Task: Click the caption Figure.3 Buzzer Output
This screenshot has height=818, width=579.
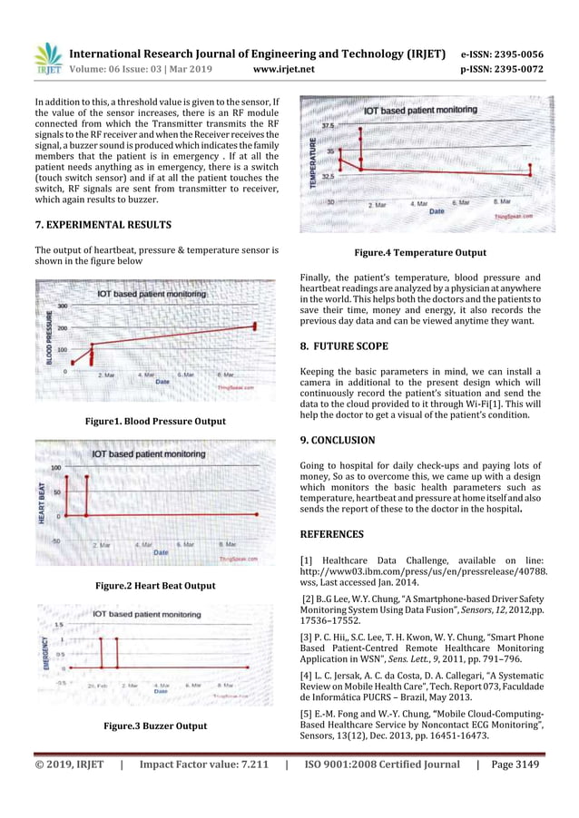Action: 154,725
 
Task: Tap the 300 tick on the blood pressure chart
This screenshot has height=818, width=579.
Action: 63,307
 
